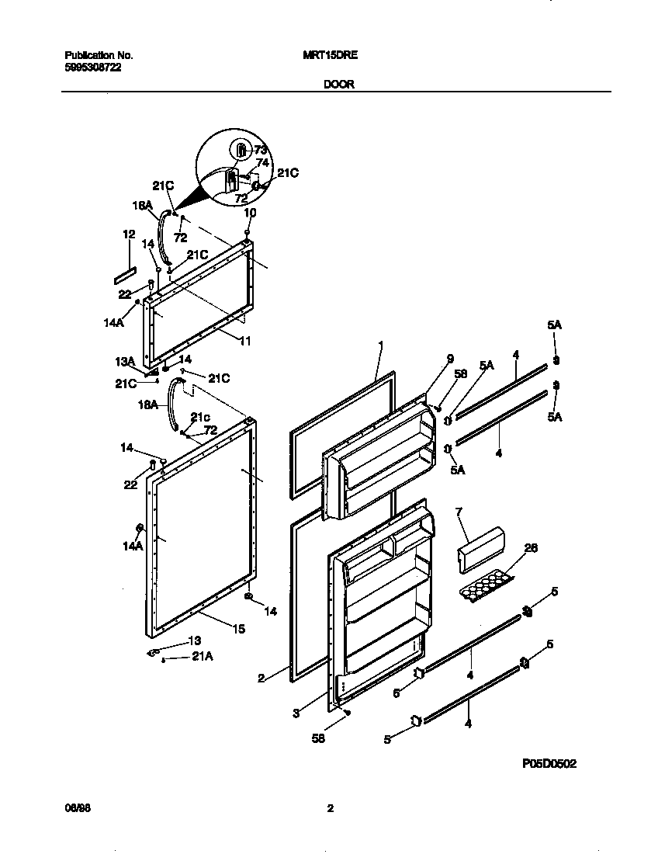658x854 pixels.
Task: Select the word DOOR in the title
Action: [x=339, y=85]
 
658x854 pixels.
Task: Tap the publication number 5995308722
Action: [x=92, y=68]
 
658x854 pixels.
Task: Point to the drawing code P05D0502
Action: [x=549, y=764]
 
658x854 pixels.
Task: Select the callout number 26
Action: [x=530, y=548]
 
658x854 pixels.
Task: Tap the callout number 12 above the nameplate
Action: [x=129, y=234]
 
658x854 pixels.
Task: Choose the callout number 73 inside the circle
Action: [x=260, y=150]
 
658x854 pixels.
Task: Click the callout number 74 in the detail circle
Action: [x=261, y=163]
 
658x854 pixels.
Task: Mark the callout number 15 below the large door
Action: [x=240, y=629]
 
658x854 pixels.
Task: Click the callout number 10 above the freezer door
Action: [x=250, y=213]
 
